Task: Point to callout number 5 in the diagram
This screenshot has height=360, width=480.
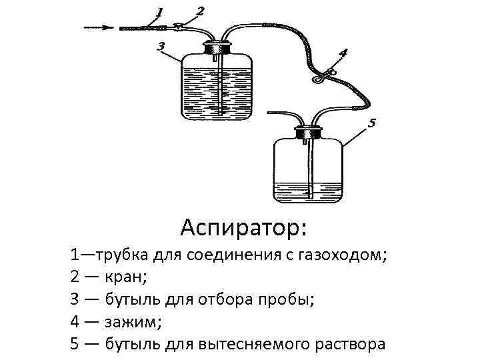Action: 372,123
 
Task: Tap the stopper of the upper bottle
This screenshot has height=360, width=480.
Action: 218,48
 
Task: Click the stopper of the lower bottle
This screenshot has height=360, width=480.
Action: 309,131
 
